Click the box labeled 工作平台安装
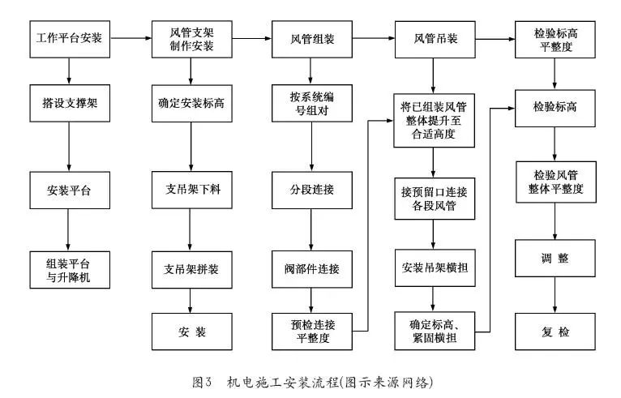69,38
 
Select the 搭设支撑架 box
69,104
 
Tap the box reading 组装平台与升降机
69,267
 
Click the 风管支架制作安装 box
191,38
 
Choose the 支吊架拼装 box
191,267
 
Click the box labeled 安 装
191,332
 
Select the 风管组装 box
312,38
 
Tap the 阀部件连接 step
312,267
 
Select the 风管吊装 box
434,38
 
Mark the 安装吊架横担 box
434,267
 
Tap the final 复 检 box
555,332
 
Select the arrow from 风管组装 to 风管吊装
373,38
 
